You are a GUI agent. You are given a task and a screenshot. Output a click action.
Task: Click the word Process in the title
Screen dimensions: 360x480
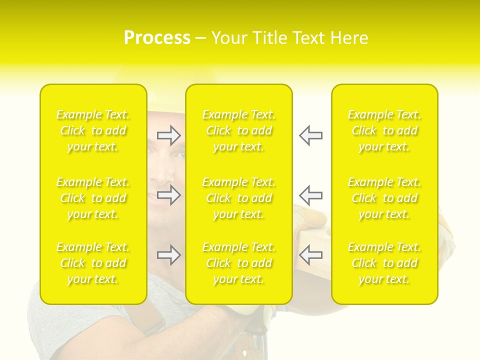(157, 38)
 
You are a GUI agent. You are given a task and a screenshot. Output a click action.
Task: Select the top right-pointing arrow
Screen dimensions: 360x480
(169, 135)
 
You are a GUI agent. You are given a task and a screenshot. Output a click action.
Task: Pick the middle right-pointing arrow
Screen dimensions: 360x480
(169, 194)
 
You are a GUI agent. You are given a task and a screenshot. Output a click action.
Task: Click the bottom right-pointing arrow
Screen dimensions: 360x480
(169, 255)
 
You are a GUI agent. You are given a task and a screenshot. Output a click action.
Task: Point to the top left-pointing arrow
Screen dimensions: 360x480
(311, 135)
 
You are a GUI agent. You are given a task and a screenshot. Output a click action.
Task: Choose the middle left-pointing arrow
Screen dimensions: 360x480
(311, 194)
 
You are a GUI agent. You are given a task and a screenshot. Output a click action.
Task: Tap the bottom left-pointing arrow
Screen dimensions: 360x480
(311, 255)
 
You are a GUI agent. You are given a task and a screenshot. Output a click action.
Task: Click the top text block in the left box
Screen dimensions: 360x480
(93, 130)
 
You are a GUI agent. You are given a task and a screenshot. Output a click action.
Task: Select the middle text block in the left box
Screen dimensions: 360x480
(93, 198)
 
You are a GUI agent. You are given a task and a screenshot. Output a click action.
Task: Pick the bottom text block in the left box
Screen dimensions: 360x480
(93, 263)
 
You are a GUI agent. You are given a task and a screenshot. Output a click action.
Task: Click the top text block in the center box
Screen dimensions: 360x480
(239, 130)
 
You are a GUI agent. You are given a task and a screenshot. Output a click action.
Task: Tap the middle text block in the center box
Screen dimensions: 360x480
(239, 198)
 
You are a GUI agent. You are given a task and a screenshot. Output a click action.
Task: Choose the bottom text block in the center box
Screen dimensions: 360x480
(239, 263)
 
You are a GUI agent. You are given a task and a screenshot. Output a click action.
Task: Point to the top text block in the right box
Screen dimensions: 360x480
(384, 130)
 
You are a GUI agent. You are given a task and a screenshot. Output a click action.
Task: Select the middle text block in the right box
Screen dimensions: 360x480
(384, 198)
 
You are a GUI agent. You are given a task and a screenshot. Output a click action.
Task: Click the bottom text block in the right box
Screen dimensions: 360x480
(384, 263)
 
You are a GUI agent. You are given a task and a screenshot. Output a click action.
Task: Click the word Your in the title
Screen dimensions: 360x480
(228, 38)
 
